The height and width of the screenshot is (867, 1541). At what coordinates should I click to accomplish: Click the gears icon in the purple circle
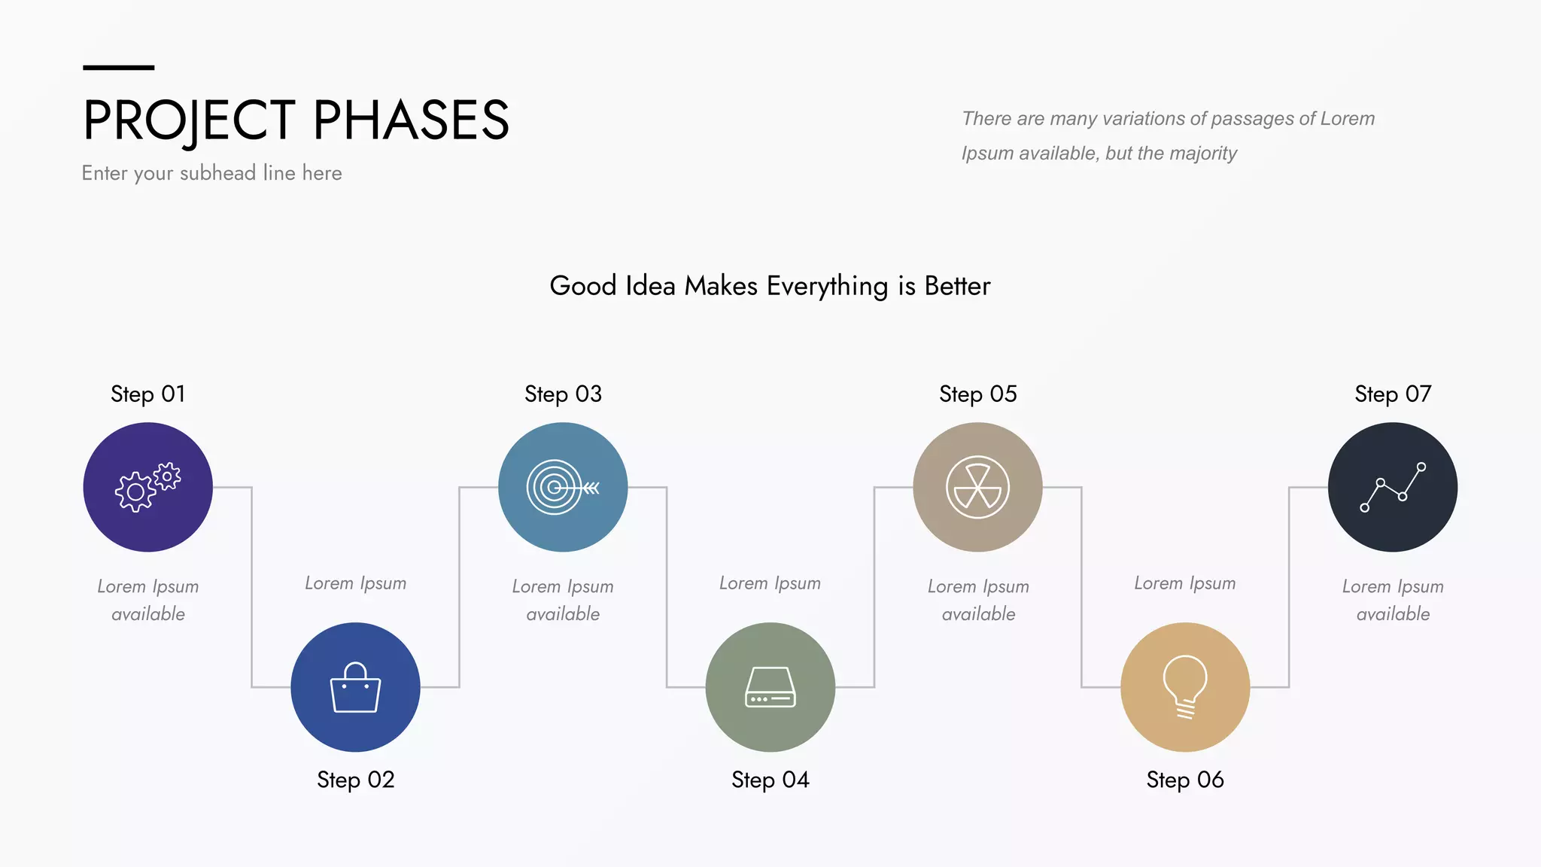coord(147,488)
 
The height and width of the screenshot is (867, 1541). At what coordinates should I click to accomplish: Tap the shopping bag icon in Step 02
coord(355,687)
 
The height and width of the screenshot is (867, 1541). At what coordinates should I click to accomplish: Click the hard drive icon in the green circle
coord(770,687)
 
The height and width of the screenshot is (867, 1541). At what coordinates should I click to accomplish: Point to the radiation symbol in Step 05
coord(977,488)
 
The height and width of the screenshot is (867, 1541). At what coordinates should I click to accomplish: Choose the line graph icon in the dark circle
coord(1393,488)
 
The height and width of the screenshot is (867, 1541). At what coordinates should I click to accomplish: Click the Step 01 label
coord(147,394)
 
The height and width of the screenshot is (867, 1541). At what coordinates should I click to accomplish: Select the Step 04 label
coord(770,780)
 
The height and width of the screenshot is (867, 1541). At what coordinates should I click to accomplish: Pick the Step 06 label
coord(1185,780)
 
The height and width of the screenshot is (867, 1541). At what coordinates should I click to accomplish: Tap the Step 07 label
coord(1393,394)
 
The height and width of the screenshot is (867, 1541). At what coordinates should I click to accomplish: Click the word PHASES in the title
coord(411,120)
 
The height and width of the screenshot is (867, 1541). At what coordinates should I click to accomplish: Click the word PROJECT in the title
coord(189,120)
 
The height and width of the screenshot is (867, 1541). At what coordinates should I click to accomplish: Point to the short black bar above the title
coord(118,68)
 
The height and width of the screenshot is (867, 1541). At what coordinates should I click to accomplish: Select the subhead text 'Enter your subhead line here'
coord(211,173)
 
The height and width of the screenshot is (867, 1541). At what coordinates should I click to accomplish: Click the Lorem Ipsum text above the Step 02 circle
coord(355,583)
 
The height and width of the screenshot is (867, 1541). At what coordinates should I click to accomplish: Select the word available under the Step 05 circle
coord(978,614)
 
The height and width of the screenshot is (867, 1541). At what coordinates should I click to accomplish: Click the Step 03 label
coord(563,394)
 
